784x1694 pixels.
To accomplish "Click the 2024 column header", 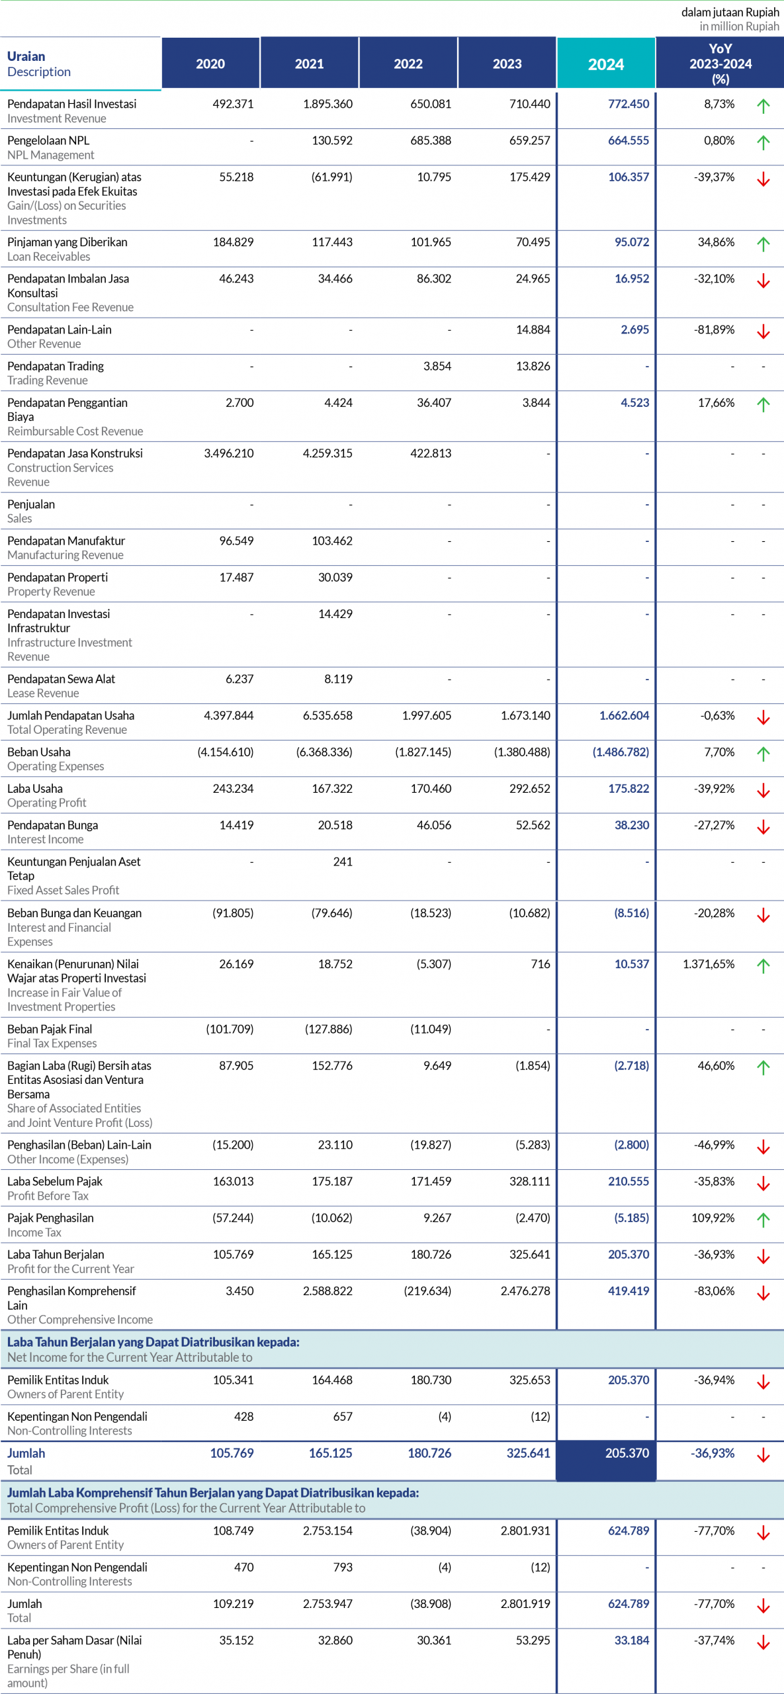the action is point(606,64).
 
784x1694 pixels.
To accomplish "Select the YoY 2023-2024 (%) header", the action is point(720,64).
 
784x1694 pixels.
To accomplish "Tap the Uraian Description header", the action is point(39,64).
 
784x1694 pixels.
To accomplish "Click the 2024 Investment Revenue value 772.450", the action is point(629,104).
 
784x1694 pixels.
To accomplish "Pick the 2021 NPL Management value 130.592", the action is point(332,140).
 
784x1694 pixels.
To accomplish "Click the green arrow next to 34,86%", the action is point(763,244).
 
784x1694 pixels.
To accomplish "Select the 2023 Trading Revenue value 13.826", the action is point(533,366).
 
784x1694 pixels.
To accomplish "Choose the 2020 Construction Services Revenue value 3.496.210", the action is point(229,453).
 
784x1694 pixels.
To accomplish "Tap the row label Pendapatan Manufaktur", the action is point(66,541).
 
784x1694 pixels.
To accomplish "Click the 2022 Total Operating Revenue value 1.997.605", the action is point(427,715).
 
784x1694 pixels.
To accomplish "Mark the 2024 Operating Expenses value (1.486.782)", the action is point(621,752).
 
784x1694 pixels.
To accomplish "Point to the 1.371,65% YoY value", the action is point(709,964).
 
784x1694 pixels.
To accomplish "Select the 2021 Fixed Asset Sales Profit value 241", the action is point(343,862).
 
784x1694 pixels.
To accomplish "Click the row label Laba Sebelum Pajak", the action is point(55,1181).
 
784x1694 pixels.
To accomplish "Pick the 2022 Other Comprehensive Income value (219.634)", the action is point(427,1290).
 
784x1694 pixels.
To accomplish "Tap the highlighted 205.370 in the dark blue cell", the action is point(627,1453).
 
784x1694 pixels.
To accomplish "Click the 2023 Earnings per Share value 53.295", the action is point(533,1640).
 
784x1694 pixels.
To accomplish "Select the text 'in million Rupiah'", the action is point(740,26).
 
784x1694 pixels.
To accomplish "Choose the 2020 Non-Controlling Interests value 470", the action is point(244,1567).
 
